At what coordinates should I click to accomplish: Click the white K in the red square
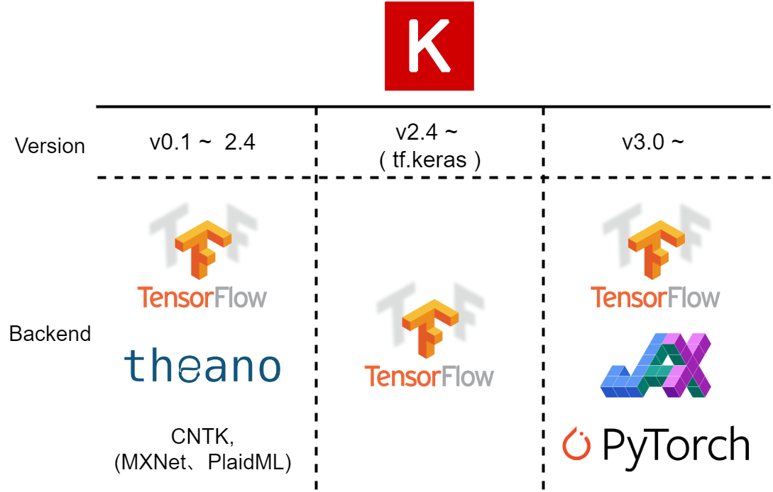tap(429, 46)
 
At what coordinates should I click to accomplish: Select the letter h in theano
tap(158, 366)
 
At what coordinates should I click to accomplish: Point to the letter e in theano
tap(187, 369)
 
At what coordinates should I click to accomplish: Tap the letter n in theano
tap(241, 369)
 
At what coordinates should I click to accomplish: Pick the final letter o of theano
tap(268, 369)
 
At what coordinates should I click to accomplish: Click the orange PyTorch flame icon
tap(576, 445)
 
